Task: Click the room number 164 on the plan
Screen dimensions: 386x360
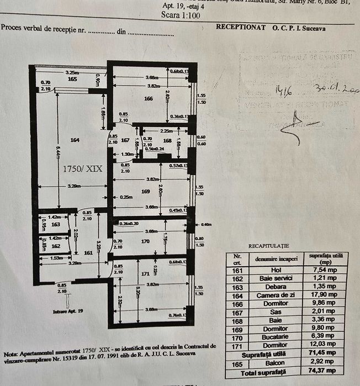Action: [x=75, y=140]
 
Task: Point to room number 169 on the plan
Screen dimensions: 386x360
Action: [x=146, y=192]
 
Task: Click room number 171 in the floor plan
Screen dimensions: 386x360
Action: [x=146, y=274]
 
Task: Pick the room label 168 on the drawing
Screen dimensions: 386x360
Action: [x=167, y=140]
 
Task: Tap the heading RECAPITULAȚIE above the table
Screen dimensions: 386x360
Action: [x=268, y=246]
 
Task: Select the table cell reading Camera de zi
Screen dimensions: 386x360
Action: [x=276, y=294]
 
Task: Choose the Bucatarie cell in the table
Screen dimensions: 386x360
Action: [x=276, y=337]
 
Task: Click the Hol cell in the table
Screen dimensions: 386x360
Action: [x=276, y=269]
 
